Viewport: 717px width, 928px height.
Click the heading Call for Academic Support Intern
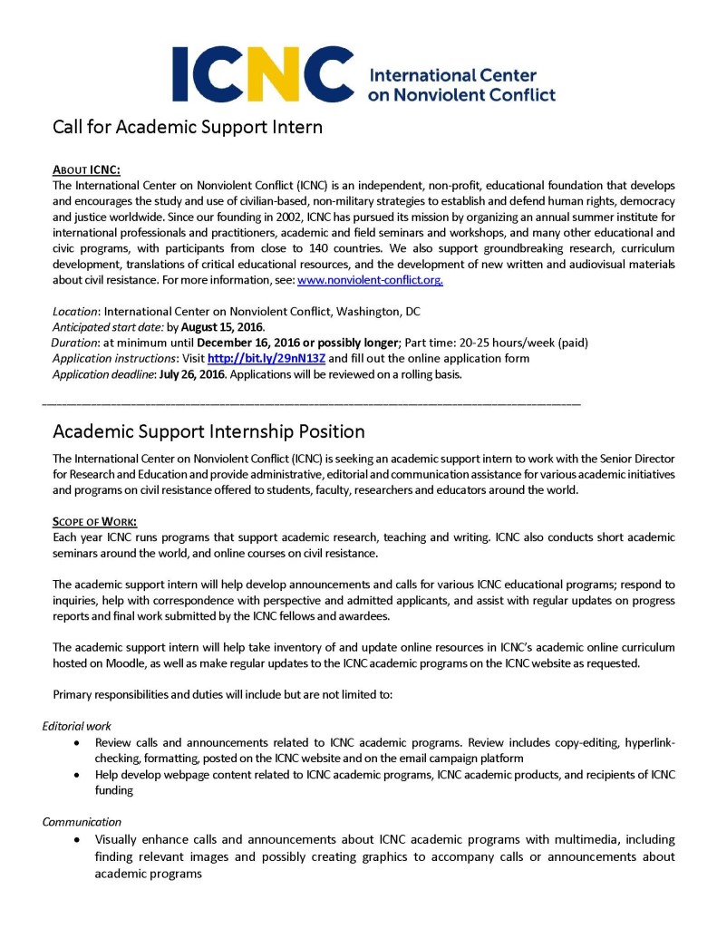pyautogui.click(x=187, y=127)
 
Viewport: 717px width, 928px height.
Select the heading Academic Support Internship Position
pyautogui.click(x=208, y=431)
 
